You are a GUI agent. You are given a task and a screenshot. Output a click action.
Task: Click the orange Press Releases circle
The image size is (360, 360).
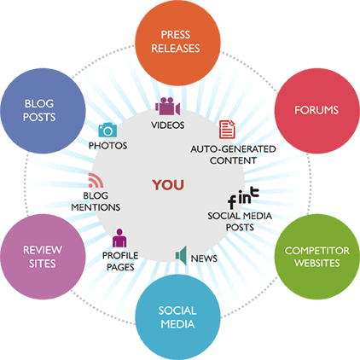(179, 39)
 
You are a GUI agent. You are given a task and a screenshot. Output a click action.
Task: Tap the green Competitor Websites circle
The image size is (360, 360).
(316, 257)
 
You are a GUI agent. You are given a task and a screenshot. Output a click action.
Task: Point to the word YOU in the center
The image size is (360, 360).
(168, 184)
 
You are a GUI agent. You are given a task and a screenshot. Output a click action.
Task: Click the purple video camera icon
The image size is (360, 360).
(166, 107)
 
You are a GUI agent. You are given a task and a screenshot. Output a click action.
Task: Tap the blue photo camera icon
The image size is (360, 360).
(107, 130)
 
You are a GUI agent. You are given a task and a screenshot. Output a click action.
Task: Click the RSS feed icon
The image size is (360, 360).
(96, 181)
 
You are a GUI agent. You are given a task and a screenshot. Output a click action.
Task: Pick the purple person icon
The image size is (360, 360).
(119, 236)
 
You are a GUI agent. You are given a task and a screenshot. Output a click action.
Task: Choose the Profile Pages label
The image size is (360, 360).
(120, 259)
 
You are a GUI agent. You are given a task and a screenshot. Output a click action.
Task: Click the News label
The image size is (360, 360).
(203, 257)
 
